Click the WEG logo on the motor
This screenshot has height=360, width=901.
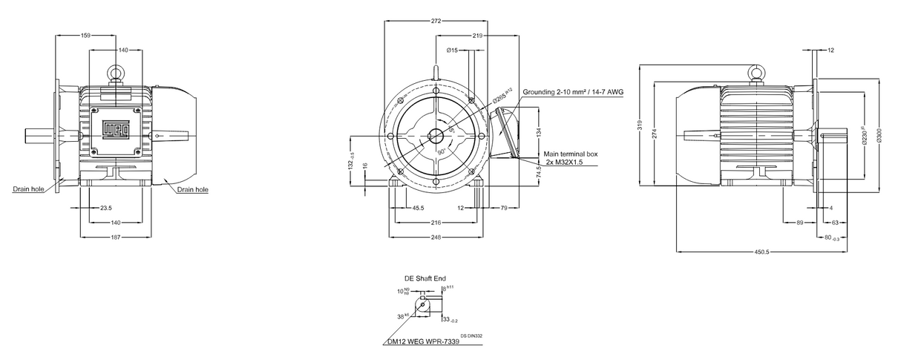[115, 131]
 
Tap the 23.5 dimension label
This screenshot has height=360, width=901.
[106, 209]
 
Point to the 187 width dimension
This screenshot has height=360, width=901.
[115, 237]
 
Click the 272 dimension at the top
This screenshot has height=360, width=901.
[436, 21]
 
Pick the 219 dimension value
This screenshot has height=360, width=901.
[478, 35]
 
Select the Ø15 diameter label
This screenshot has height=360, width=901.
[451, 50]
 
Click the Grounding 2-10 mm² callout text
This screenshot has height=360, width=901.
[572, 92]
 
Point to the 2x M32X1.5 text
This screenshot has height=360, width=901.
[564, 161]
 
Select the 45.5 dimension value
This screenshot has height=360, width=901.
[418, 209]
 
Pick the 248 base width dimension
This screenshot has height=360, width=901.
[436, 237]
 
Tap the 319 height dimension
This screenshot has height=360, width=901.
[640, 125]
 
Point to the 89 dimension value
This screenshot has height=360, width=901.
[799, 222]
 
